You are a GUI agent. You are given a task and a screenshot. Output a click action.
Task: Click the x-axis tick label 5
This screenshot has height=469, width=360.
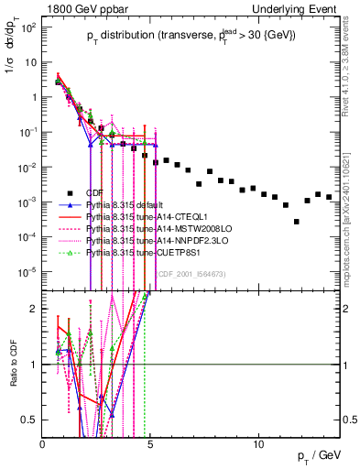click(x=151, y=444)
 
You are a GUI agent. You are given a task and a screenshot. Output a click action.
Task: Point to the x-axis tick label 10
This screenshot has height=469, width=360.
click(x=259, y=444)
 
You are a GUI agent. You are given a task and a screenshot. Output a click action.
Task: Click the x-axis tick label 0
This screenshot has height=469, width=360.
click(x=43, y=444)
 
